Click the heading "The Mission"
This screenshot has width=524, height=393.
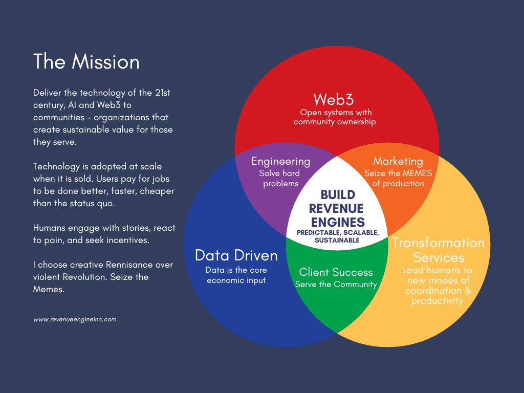coord(86,62)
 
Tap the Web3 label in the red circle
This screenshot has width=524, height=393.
coord(334,99)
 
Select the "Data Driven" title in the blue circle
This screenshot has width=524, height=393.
coord(236,255)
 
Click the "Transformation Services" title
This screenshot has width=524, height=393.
coord(438,250)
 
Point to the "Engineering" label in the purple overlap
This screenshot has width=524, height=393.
coord(280,161)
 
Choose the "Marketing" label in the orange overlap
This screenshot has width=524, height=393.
coord(398,161)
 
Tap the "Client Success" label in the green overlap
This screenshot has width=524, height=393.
coord(336,272)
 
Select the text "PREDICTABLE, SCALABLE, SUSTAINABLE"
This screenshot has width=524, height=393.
coord(337,236)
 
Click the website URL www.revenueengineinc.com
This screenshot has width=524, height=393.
coord(75,319)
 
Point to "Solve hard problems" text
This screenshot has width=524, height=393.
coord(280,178)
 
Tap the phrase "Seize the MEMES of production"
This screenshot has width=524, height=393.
coord(398,178)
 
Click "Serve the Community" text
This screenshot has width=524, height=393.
coord(336,285)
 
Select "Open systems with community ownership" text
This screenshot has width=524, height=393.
coord(335,117)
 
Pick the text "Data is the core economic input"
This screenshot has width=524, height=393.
coord(236,275)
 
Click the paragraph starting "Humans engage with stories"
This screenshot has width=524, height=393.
coord(104,234)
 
